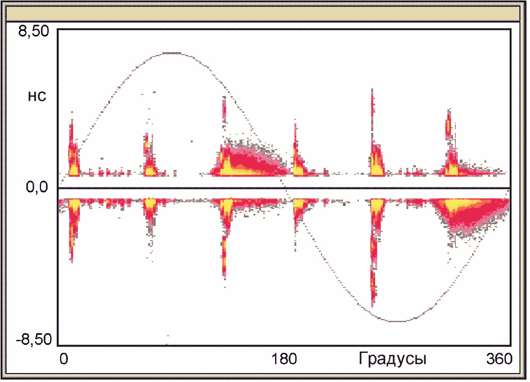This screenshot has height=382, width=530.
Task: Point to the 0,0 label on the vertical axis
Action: point(37,187)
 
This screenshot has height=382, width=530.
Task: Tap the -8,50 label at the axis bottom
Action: point(34,340)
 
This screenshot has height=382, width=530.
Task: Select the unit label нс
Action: point(37,97)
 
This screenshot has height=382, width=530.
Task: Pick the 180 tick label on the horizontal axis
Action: point(284,358)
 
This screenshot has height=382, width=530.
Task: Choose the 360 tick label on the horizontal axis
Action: point(499,358)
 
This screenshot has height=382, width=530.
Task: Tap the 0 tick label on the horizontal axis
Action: point(63,358)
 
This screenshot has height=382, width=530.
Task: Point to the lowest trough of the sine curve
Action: point(398,321)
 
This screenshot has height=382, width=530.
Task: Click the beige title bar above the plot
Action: point(263,13)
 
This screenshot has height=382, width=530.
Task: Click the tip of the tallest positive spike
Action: point(372,89)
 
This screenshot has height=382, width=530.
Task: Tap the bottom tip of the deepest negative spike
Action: point(372,307)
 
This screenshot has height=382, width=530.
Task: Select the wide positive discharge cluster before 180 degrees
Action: point(250,159)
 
